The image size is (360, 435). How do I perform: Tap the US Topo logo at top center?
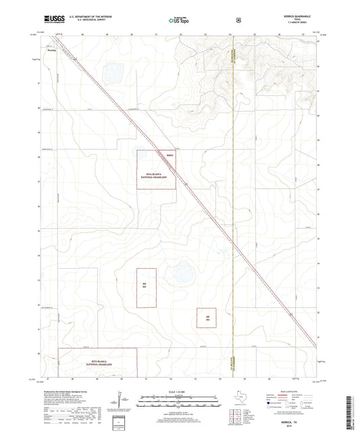178,20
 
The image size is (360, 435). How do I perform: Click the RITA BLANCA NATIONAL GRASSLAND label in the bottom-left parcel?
99,364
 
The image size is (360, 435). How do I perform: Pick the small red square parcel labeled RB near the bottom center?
206,317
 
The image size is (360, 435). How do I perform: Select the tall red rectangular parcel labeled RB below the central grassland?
146,287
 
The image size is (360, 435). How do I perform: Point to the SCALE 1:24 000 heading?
180,392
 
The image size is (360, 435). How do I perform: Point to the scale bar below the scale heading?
180,404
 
